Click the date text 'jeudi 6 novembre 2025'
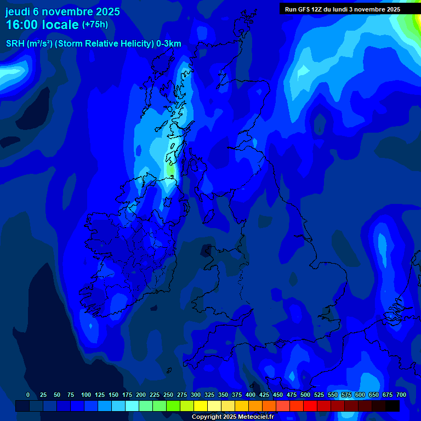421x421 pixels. click(62, 12)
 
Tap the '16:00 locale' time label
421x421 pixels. click(42, 25)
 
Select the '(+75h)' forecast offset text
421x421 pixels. click(95, 25)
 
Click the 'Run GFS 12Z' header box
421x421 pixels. click(343, 9)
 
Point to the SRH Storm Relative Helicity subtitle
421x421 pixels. click(93, 44)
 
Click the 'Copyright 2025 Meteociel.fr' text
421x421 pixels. click(232, 417)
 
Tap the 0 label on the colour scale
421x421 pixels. click(28, 395)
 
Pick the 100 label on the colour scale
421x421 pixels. click(86, 395)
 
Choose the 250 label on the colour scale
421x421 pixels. click(168, 395)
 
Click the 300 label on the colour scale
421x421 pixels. click(196, 395)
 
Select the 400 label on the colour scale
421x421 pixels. click(251, 395)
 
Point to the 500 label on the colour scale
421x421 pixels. click(305, 395)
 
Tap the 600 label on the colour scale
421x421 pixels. click(360, 395)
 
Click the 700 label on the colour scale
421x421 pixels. click(401, 395)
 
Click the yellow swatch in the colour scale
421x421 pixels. click(201, 406)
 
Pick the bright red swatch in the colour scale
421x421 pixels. click(310, 406)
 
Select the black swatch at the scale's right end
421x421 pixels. click(392, 406)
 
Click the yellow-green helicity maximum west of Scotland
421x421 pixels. click(170, 170)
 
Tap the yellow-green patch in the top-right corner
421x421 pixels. click(412, 22)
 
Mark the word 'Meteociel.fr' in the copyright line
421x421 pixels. click(255, 417)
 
